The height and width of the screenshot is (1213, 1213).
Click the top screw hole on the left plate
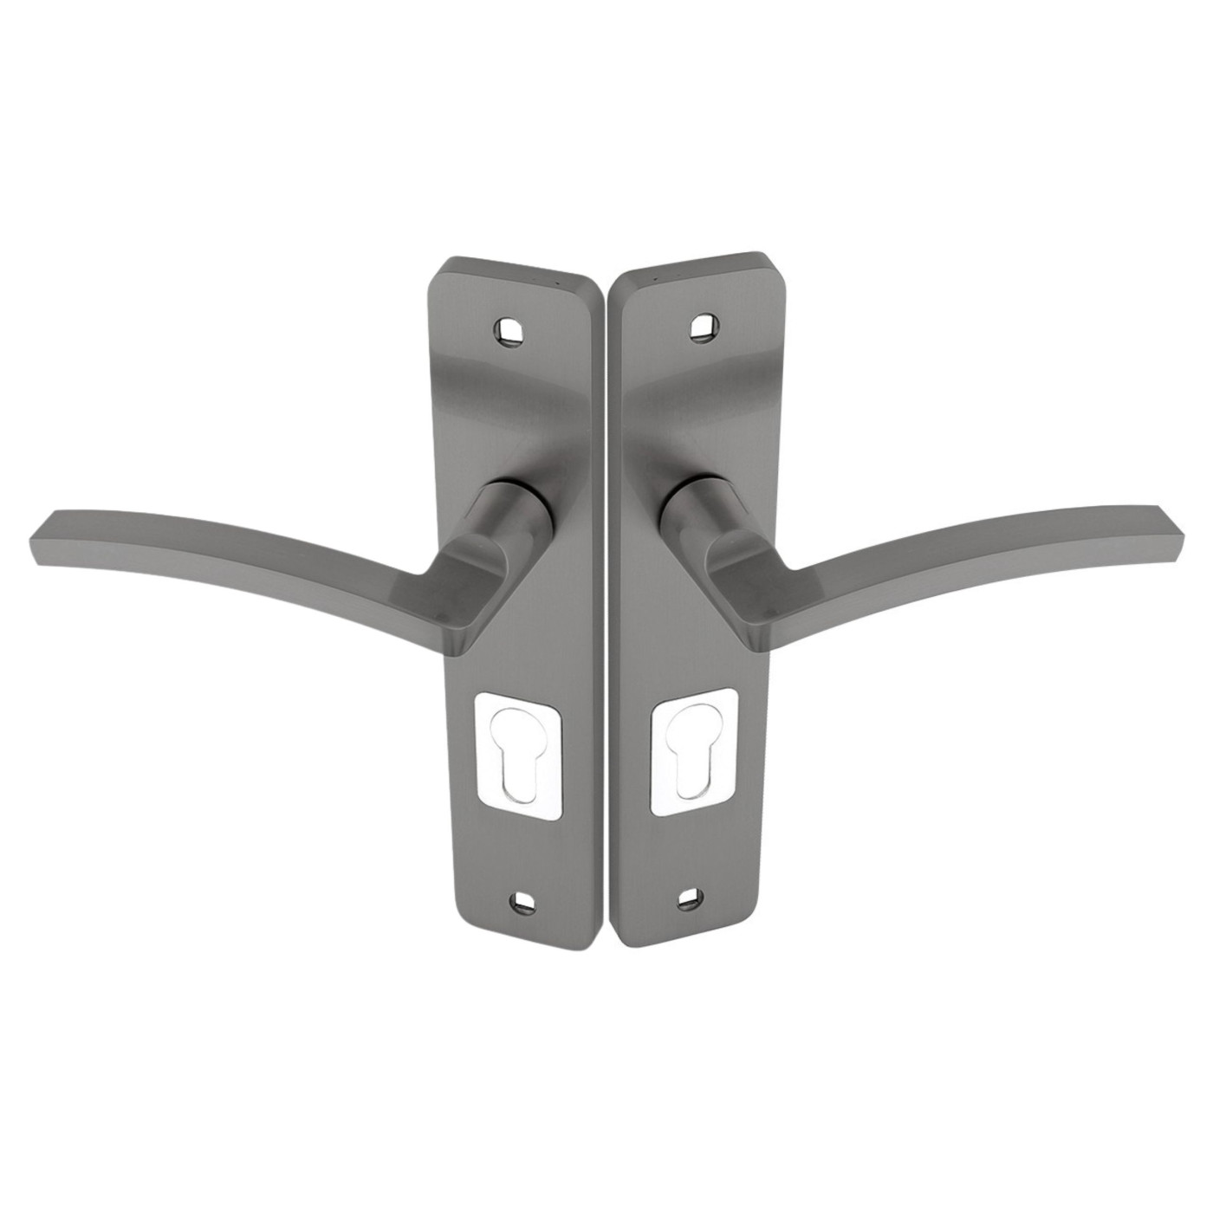507,329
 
